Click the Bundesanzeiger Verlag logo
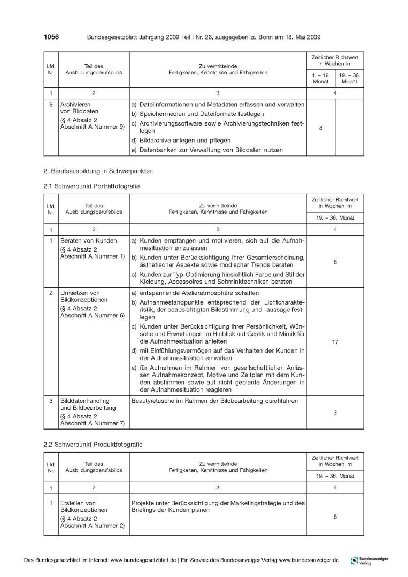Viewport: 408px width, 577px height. point(369,560)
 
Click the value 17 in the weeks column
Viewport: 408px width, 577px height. point(335,342)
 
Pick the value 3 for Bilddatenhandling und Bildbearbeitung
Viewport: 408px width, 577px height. point(335,412)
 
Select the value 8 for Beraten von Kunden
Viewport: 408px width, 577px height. point(335,262)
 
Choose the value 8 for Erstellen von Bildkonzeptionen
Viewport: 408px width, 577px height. point(335,517)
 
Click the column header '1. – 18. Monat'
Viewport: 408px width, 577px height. point(320,79)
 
